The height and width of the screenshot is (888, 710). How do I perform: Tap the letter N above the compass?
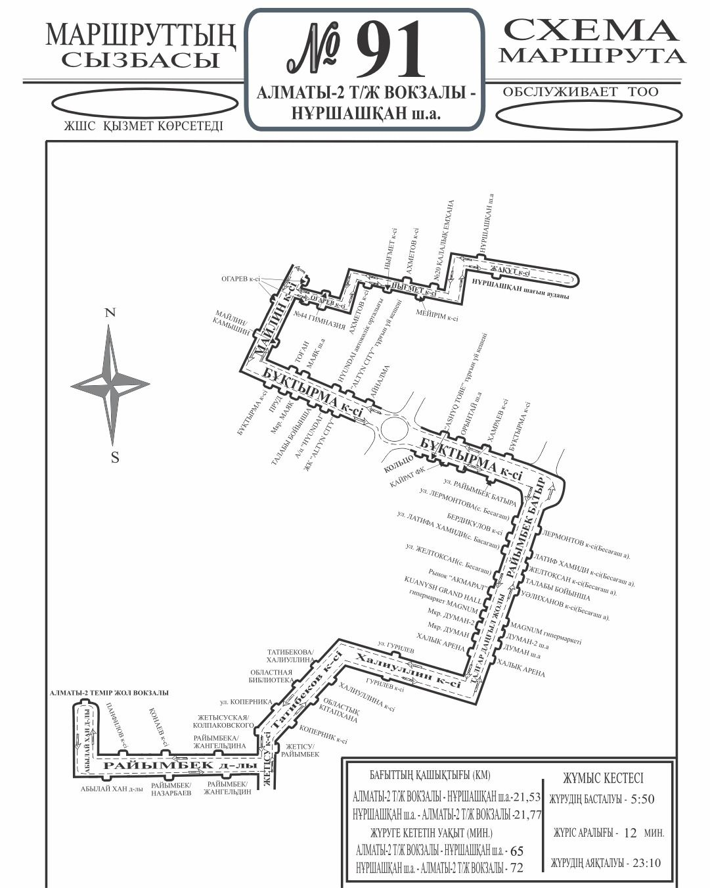click(x=111, y=313)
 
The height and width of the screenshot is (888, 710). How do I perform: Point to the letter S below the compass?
click(x=115, y=458)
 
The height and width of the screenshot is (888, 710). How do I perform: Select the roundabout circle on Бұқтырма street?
click(x=394, y=431)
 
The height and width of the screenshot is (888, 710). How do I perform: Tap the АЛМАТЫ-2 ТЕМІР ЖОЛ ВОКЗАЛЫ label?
click(x=109, y=693)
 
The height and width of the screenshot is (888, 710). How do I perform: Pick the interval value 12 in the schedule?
click(x=631, y=833)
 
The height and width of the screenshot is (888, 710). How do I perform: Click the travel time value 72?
click(x=516, y=868)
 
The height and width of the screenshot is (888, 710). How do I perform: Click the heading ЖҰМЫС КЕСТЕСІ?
click(x=603, y=778)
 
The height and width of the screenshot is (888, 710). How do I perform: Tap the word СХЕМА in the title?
click(x=590, y=31)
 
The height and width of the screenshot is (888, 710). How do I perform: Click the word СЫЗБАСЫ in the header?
click(x=140, y=60)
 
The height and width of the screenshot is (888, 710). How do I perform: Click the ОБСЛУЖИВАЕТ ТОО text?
click(x=580, y=92)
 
